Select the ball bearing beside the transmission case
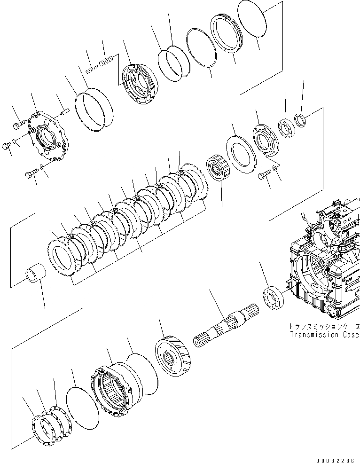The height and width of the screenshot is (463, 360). (x=273, y=299)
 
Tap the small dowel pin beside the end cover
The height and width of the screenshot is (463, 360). (x=65, y=112)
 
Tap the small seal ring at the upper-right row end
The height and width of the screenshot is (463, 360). (x=299, y=121)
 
